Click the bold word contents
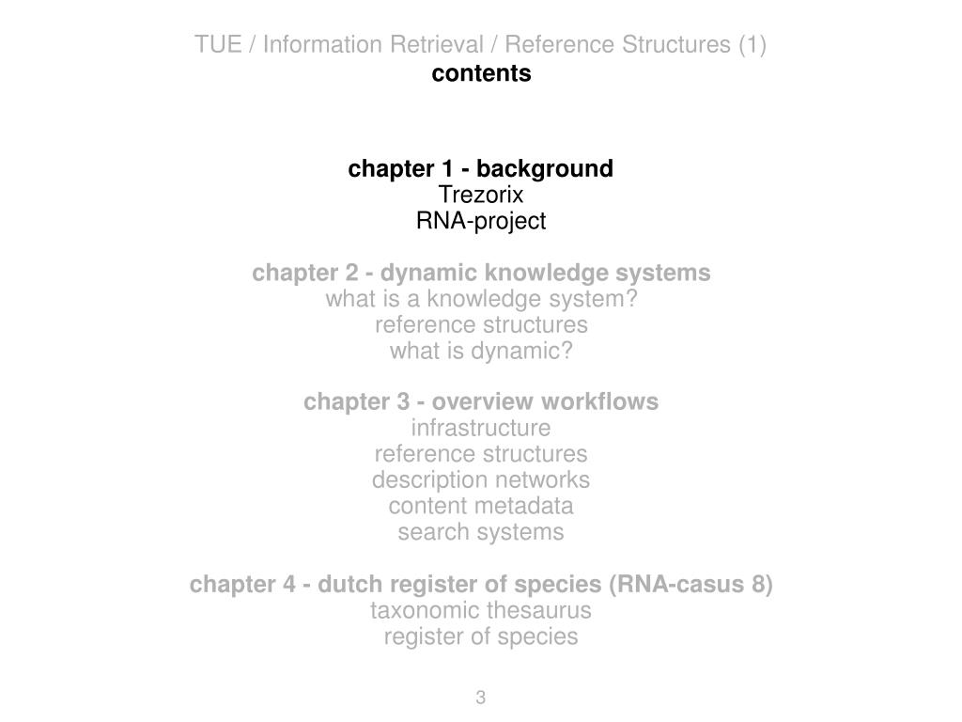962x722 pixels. click(x=481, y=73)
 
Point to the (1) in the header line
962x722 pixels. click(x=752, y=44)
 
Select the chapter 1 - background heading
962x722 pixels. click(x=480, y=169)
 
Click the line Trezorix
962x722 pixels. click(x=481, y=196)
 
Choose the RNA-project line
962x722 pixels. click(x=481, y=222)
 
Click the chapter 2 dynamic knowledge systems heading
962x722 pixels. click(x=481, y=274)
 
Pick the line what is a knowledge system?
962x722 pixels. click(x=481, y=300)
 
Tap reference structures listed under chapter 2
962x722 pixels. click(x=481, y=325)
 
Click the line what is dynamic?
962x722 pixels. click(x=481, y=352)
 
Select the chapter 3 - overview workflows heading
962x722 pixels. click(x=481, y=402)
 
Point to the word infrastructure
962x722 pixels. click(x=481, y=429)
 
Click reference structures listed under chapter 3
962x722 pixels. click(x=481, y=454)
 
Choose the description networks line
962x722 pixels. click(x=481, y=480)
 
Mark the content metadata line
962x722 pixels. click(x=481, y=507)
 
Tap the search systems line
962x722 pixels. click(x=481, y=532)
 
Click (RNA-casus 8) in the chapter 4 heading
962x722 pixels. click(x=690, y=585)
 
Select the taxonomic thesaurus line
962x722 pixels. click(x=481, y=611)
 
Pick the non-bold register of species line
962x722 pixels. click(x=481, y=637)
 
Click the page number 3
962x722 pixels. click(x=481, y=698)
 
